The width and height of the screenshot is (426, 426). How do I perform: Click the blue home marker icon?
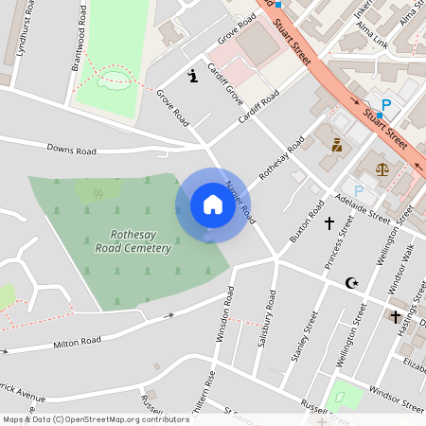pos(212,204)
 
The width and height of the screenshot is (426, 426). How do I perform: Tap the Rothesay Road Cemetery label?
pos(133,241)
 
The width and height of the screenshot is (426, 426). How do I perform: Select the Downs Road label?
pos(72,151)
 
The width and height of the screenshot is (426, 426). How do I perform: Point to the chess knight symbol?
pos(193,75)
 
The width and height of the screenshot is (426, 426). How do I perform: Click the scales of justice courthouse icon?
pos(382,169)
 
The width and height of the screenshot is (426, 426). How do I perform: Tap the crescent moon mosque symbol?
pos(352,282)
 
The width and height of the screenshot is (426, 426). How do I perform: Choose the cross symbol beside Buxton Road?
pos(329,223)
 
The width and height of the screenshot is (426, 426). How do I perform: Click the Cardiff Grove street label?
pos(227,85)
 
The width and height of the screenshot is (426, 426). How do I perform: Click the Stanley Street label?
pos(305,346)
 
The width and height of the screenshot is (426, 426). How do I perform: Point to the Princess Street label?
pos(338,244)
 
